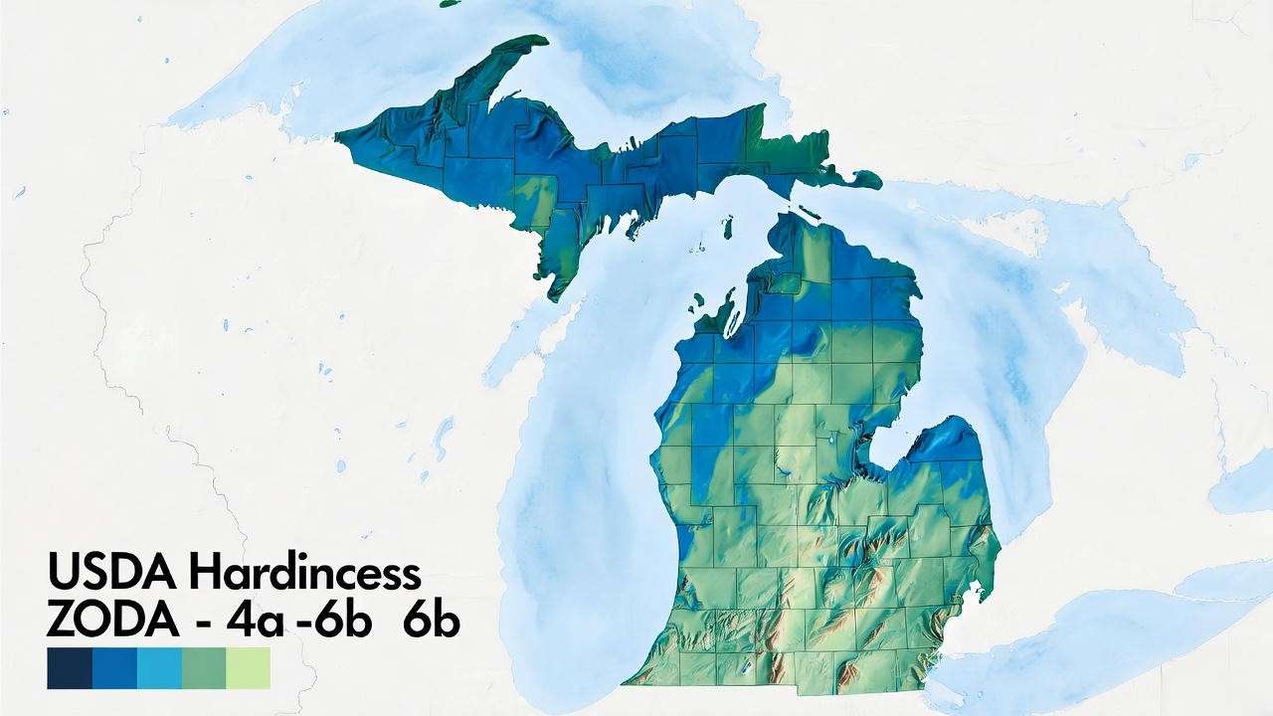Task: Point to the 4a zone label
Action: [x=255, y=622]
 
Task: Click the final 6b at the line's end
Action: [x=432, y=622]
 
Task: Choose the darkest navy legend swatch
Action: [x=70, y=668]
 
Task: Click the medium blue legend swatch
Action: [x=114, y=668]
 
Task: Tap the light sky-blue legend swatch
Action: [x=159, y=668]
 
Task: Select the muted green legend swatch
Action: [x=204, y=668]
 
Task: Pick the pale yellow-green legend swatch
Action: [x=249, y=668]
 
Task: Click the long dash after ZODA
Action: [x=204, y=624]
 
